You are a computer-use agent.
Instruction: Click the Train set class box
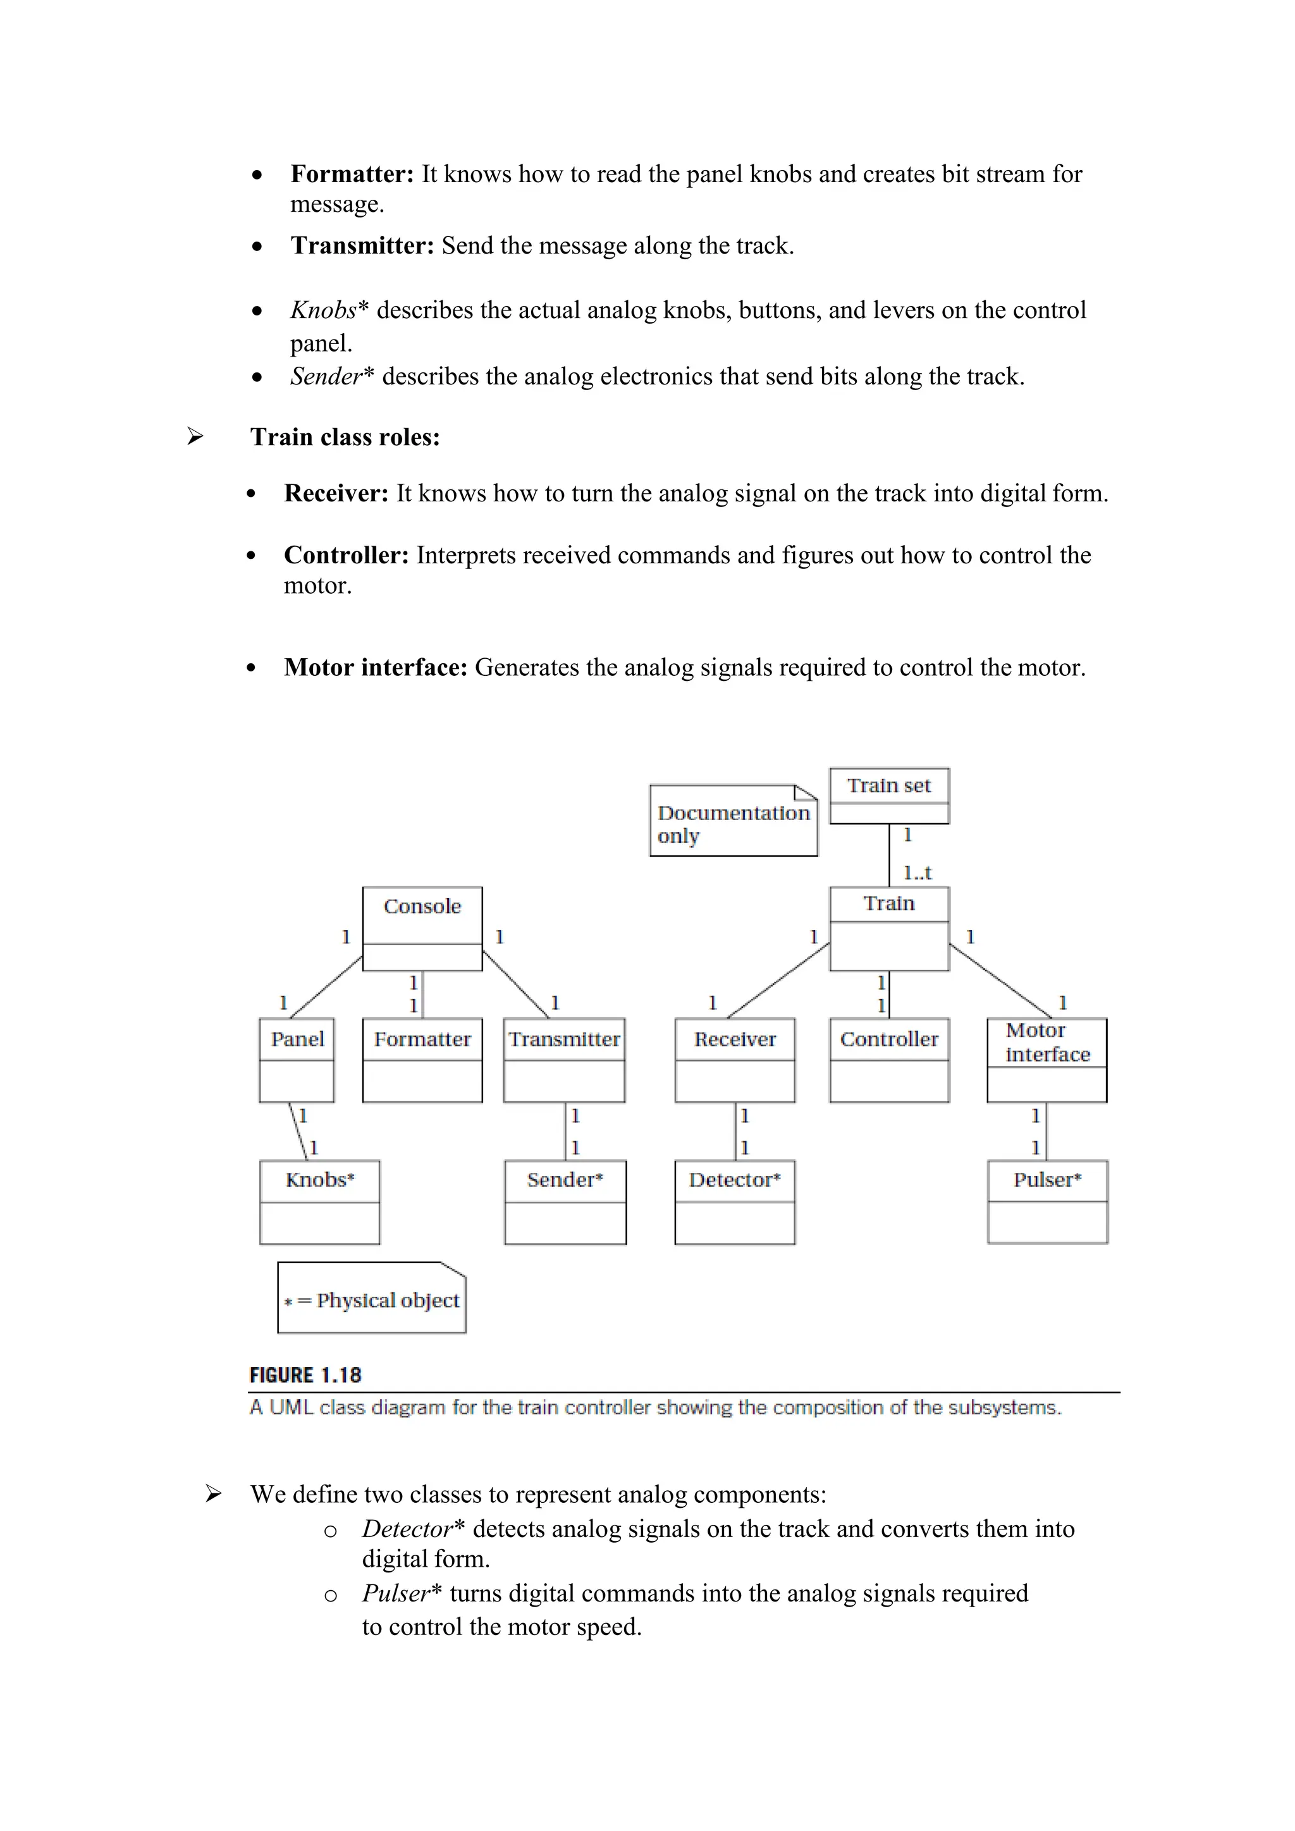click(889, 795)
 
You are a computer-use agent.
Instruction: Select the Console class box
click(422, 928)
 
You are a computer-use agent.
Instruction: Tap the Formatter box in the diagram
click(422, 1060)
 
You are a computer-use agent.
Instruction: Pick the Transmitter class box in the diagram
click(564, 1060)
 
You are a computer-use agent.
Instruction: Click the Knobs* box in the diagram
click(320, 1202)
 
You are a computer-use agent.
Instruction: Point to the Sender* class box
click(565, 1202)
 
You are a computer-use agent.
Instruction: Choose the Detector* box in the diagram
click(734, 1202)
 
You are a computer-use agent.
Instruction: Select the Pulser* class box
click(1047, 1202)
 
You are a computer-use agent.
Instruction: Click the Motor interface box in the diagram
click(1046, 1060)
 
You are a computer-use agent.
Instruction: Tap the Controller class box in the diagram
click(889, 1060)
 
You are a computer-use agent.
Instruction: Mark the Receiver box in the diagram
click(734, 1060)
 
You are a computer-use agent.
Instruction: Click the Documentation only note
click(733, 821)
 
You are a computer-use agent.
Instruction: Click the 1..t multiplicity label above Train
click(917, 873)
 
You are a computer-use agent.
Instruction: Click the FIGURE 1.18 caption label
click(305, 1375)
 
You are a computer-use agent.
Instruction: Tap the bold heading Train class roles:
click(345, 437)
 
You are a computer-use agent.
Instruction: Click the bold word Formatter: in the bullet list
click(352, 174)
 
